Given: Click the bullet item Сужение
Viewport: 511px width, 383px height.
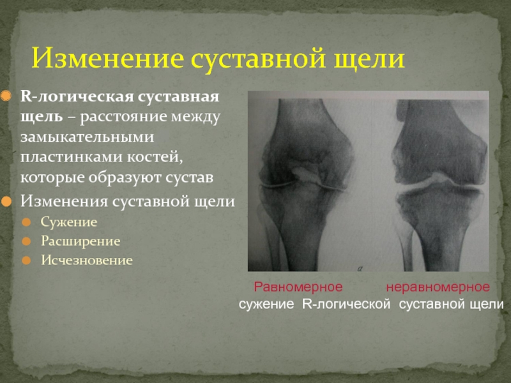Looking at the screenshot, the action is [x=69, y=222].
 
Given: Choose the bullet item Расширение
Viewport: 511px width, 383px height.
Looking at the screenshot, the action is [x=80, y=241].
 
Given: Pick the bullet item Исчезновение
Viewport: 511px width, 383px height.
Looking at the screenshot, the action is [x=87, y=260].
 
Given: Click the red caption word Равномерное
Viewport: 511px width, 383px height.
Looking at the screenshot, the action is [x=298, y=287].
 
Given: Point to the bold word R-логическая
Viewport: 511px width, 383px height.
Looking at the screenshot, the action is [x=77, y=97].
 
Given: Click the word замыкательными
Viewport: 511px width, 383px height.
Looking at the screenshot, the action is [x=87, y=137].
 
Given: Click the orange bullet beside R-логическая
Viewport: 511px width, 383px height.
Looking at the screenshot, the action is [x=6, y=96].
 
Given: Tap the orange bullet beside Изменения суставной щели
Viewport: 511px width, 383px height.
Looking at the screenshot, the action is [x=6, y=202].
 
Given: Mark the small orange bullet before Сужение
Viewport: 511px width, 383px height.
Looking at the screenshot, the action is [x=26, y=222].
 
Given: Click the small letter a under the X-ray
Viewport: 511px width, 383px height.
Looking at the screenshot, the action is [x=360, y=269].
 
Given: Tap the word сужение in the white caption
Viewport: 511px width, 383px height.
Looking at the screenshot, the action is [x=266, y=304].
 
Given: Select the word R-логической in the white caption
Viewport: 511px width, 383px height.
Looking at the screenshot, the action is [x=346, y=304].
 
